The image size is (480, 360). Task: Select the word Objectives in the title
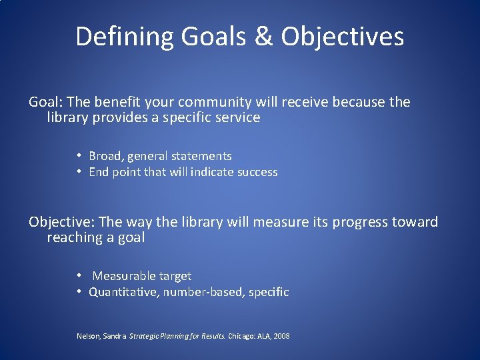[x=342, y=37]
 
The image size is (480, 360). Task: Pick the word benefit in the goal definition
[x=118, y=102]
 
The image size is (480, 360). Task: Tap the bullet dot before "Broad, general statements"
[x=79, y=156]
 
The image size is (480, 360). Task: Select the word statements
[x=201, y=156]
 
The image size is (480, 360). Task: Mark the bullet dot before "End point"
[x=79, y=172]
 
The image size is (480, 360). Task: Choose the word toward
[x=417, y=222]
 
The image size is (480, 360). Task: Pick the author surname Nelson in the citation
[x=89, y=337]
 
